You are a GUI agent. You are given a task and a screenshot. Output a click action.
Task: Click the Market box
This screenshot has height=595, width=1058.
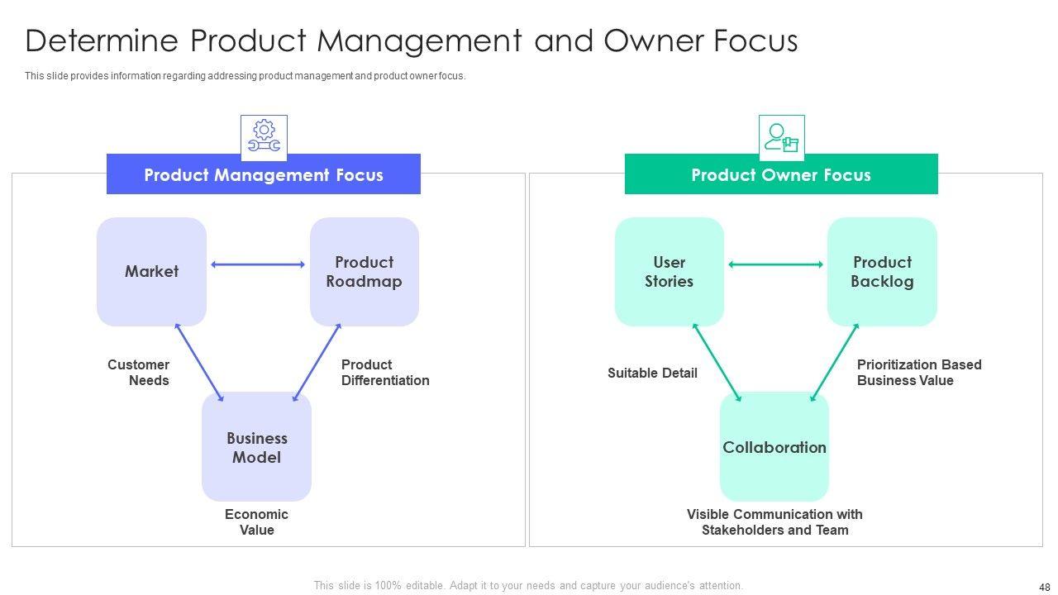pos(151,272)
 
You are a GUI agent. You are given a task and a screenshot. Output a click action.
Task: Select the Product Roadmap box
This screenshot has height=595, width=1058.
pos(364,272)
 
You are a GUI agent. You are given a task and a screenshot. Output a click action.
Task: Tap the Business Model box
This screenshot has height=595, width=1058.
pos(256,447)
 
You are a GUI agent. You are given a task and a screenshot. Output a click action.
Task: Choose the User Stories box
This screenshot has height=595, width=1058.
pos(669,272)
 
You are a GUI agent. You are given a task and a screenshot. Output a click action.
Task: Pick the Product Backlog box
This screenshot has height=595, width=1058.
pos(882,272)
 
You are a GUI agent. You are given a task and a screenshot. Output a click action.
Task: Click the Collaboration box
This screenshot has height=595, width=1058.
pos(774,447)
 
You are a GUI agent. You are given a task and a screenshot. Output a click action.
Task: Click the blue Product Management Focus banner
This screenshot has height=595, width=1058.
pos(263,174)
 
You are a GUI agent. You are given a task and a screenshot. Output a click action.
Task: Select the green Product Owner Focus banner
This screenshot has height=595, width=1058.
pos(780,174)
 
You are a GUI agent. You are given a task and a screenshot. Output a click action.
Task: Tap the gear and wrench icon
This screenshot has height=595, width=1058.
pos(264,137)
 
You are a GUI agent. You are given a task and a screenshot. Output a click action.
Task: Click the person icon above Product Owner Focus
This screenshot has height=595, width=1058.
pos(781,137)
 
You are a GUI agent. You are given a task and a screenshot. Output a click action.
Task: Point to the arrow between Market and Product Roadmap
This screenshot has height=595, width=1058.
pos(258,264)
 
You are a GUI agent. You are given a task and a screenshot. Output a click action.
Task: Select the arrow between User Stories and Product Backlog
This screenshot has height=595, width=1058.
pos(775,264)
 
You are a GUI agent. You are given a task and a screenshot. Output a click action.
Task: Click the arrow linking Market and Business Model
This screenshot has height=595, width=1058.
pos(199,363)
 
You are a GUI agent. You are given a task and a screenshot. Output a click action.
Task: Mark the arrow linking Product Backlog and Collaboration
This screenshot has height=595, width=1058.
pos(835,363)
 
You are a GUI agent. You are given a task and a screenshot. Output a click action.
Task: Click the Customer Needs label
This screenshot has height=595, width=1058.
pos(139,373)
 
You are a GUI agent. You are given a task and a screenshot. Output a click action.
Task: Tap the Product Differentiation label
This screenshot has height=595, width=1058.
pos(385,373)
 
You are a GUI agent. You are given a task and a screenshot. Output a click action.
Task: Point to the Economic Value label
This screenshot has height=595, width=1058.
pos(256,522)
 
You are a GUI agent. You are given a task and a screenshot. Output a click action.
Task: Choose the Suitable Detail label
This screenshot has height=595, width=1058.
pos(652,373)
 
